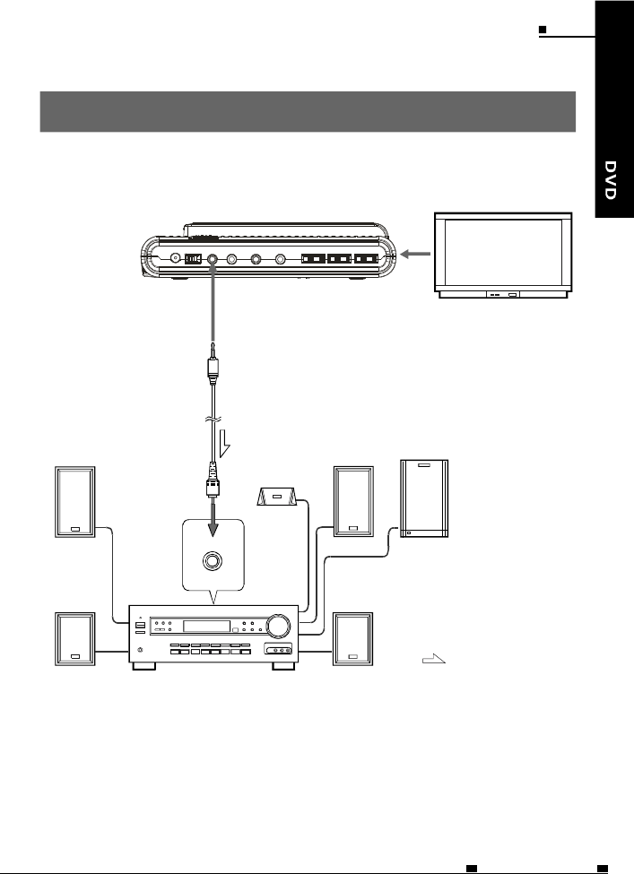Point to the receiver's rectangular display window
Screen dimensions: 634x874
coord(204,626)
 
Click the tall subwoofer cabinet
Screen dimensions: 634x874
coord(425,498)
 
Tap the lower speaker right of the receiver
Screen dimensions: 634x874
coord(352,639)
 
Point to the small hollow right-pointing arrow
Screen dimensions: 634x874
coord(433,662)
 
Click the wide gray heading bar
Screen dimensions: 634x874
coord(307,110)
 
